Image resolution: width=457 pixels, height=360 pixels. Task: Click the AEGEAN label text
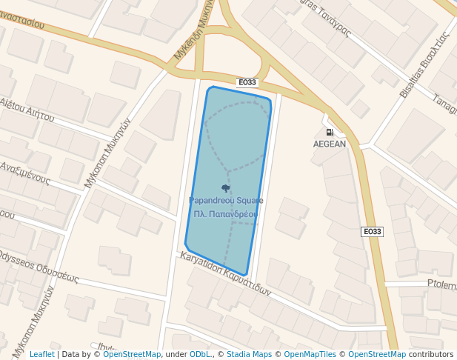(x=329, y=144)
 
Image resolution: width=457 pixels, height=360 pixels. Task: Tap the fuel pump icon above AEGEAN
(x=329, y=133)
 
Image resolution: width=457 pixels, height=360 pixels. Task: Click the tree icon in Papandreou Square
(x=226, y=188)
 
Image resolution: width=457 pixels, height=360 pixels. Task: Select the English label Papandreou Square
(x=226, y=201)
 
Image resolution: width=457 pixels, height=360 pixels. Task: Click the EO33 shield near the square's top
(x=247, y=82)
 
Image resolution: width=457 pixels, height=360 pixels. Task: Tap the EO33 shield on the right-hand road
(x=373, y=232)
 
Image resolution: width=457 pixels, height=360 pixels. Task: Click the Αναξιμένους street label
(x=24, y=173)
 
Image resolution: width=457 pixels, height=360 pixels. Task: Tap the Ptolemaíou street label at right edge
(x=441, y=284)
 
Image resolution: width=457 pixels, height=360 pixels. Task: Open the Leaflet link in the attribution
(x=41, y=355)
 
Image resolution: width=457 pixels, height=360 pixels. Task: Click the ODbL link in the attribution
(x=201, y=355)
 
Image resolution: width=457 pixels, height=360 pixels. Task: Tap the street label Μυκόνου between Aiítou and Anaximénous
(x=107, y=145)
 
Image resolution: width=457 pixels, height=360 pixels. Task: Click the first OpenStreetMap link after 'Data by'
(x=132, y=355)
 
